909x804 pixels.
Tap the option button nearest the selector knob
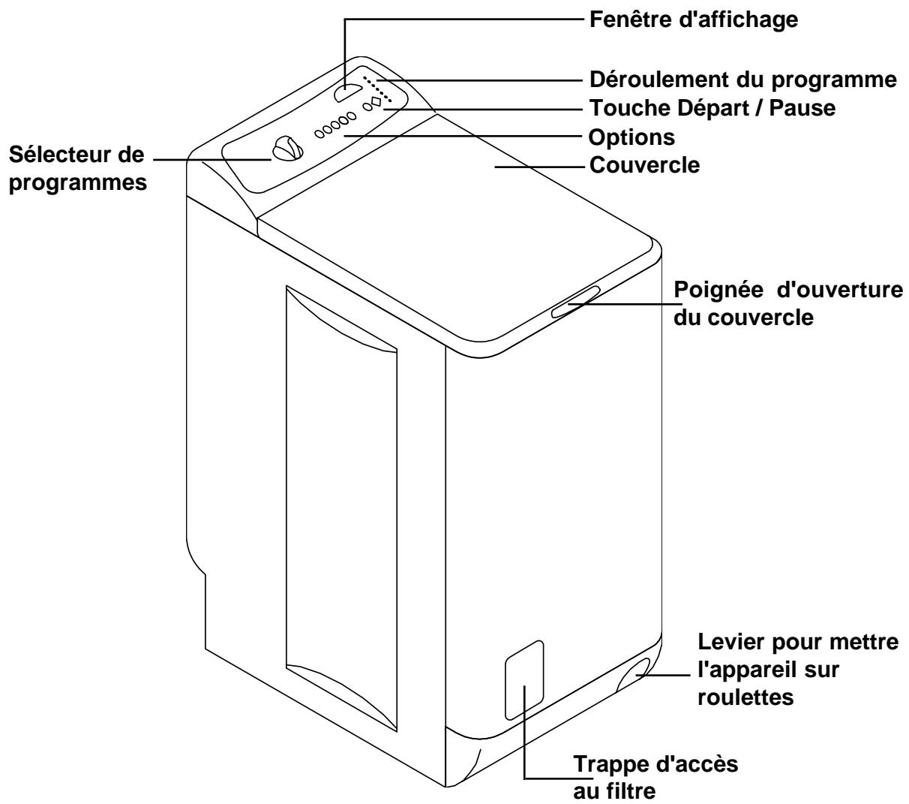click(319, 132)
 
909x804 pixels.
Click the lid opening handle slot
click(574, 302)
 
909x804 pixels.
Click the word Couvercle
click(644, 164)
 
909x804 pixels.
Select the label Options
click(631, 137)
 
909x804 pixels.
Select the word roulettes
click(745, 697)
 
